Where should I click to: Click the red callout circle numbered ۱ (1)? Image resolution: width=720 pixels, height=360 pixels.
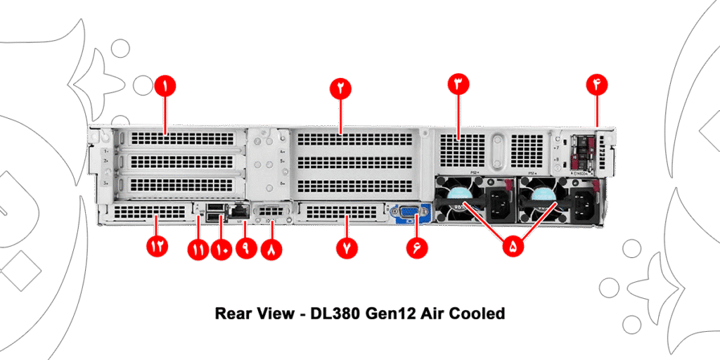click(165, 86)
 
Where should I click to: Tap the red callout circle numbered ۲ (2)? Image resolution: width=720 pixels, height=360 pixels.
click(340, 87)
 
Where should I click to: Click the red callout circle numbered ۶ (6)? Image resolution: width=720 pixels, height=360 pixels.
click(416, 248)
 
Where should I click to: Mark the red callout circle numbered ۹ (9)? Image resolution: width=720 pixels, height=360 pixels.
click(245, 248)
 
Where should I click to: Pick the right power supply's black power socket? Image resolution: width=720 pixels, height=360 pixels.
click(585, 205)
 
